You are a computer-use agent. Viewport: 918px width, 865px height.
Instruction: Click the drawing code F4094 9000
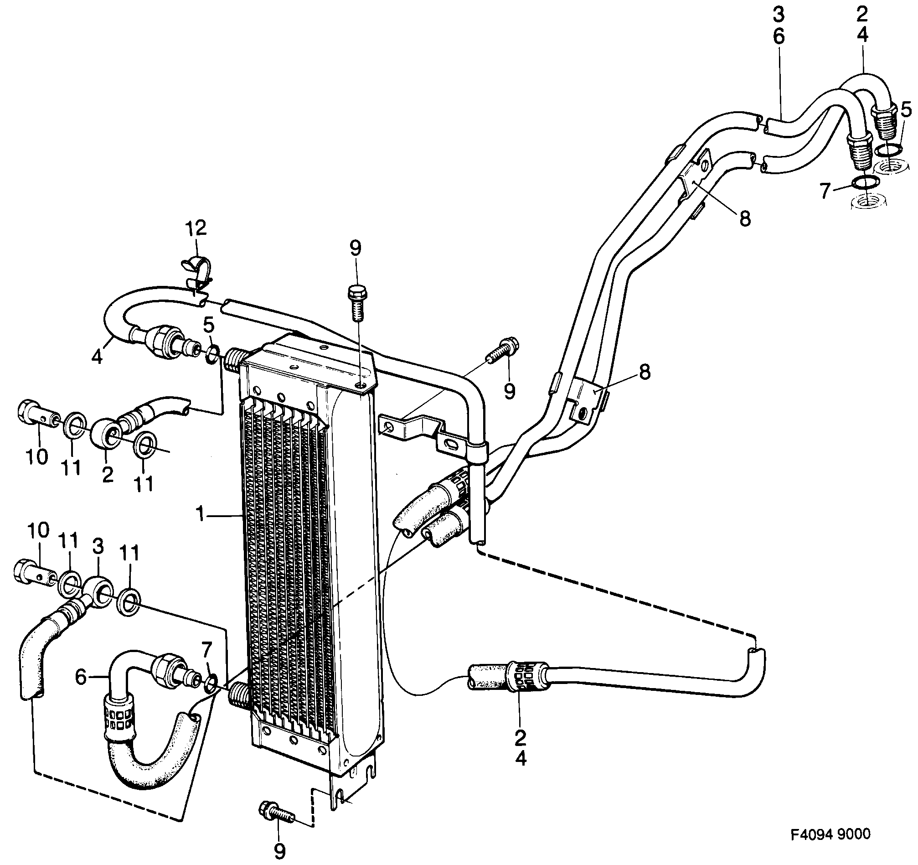pos(830,834)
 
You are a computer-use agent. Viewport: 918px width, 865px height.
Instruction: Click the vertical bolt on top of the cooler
pos(356,302)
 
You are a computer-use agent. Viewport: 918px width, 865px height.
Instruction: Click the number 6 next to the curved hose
pos(81,678)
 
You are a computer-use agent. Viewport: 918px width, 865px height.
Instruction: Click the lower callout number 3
pos(98,547)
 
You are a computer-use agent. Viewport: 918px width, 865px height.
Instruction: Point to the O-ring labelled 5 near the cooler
pos(212,354)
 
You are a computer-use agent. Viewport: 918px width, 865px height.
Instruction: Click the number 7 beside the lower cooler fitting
pos(206,650)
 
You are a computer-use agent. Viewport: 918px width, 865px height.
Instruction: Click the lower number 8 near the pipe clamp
pos(644,372)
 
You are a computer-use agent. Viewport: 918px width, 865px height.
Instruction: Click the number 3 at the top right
pos(779,15)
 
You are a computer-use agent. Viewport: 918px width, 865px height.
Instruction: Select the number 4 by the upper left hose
pos(97,357)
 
